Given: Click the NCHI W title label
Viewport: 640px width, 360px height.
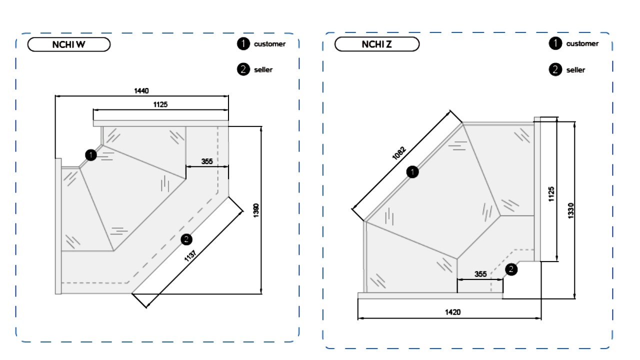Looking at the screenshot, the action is click(x=69, y=44).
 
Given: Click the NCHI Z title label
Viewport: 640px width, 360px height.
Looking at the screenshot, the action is click(x=377, y=44).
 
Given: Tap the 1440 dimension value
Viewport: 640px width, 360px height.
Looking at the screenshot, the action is click(x=141, y=91).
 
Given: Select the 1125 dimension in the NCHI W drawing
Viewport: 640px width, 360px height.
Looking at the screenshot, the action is click(x=160, y=104).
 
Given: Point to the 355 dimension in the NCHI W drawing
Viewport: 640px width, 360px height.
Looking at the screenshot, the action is click(x=207, y=161).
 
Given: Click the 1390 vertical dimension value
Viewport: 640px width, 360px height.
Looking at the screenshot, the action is click(x=256, y=210).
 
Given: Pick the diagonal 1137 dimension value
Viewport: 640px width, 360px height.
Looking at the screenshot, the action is click(x=190, y=255).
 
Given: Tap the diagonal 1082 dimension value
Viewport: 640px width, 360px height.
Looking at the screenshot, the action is click(x=399, y=153).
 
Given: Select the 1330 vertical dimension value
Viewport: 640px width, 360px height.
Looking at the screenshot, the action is click(x=570, y=211).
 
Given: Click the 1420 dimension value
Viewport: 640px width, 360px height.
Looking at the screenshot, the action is click(x=453, y=312).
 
